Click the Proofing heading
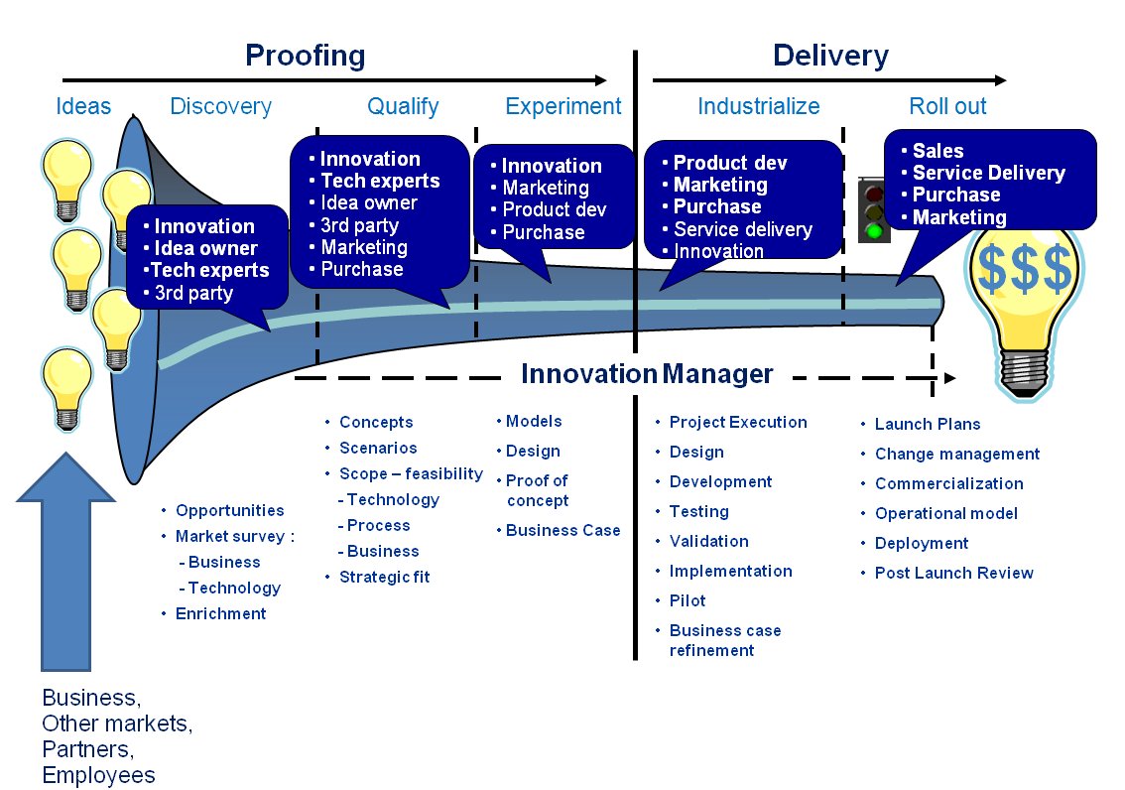point(306,56)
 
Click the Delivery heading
point(830,56)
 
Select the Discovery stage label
point(220,106)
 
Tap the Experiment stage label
point(562,106)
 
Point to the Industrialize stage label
point(759,106)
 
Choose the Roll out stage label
point(947,106)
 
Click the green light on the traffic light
point(873,231)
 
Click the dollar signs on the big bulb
point(1025,269)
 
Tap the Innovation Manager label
point(647,374)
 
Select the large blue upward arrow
point(65,566)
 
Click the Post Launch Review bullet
point(953,573)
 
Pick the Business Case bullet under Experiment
point(562,530)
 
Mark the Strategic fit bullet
point(384,577)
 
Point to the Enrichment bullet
point(220,613)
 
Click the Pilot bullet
point(687,600)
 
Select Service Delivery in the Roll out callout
point(988,173)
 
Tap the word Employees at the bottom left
point(98,775)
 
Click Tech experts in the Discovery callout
point(209,270)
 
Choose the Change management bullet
point(956,454)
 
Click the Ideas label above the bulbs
point(83,106)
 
